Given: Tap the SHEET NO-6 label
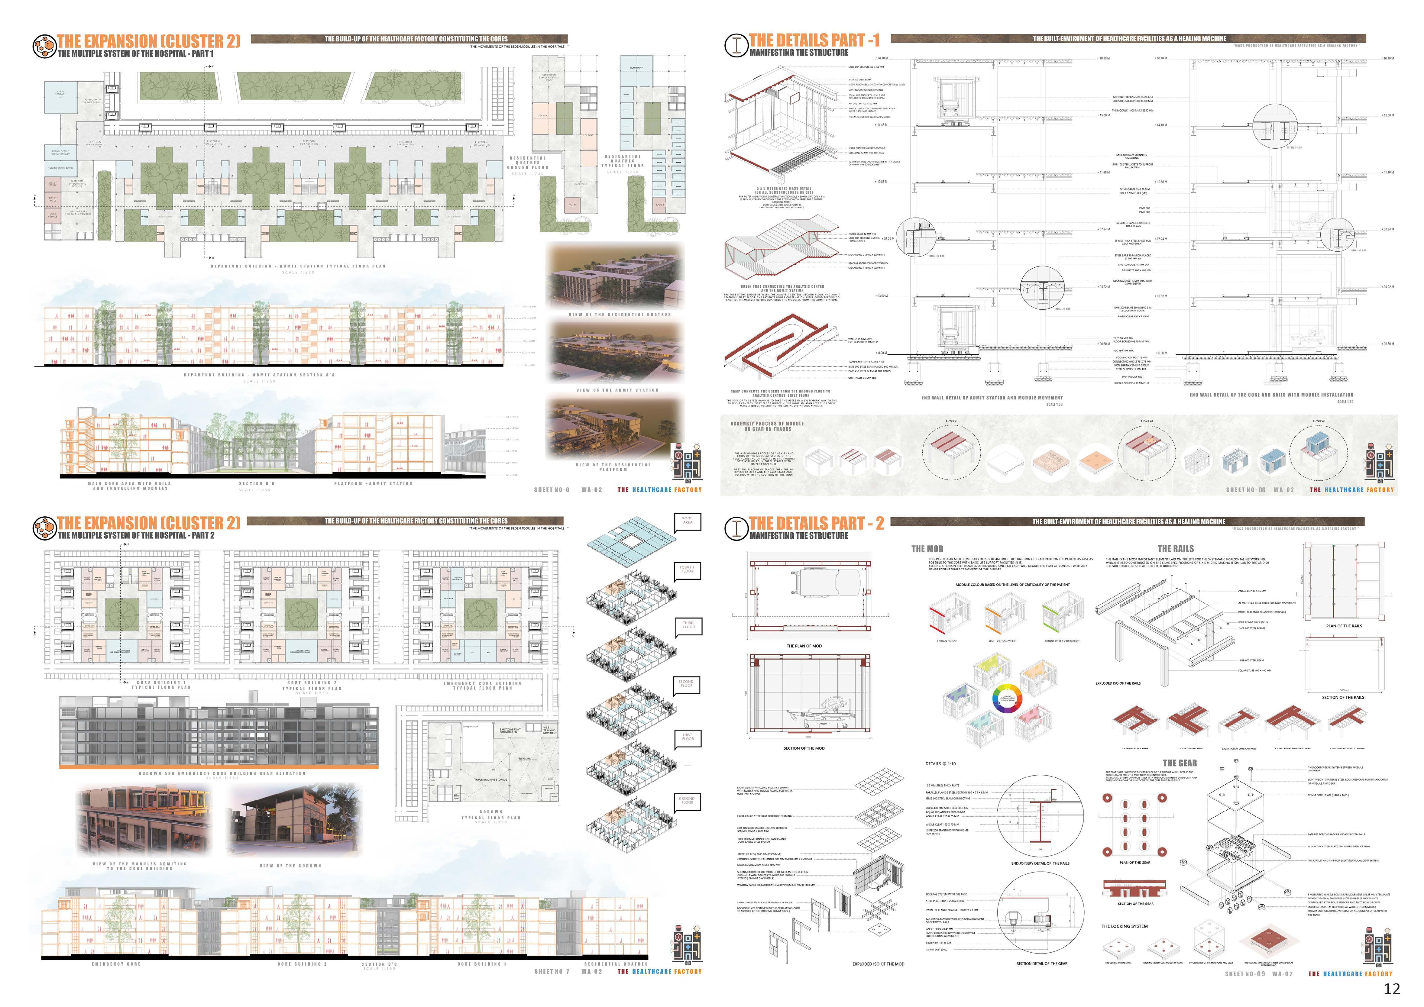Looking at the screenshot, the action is [x=551, y=490].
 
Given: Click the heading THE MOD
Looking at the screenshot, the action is [x=927, y=549].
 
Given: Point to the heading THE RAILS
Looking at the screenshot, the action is [x=1175, y=549].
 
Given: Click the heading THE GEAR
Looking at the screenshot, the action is [x=1180, y=763].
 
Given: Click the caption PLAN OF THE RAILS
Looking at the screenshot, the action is [x=1344, y=626].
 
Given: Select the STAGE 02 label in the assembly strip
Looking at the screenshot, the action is [x=1146, y=421].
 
